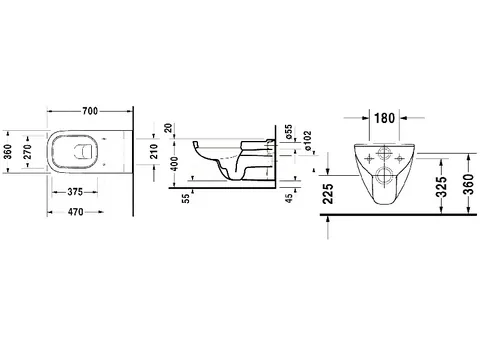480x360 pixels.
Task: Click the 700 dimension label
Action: [x=90, y=111]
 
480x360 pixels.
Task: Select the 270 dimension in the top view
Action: [x=27, y=152]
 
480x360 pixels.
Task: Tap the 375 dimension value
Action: [x=75, y=192]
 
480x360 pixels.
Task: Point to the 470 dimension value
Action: [x=75, y=212]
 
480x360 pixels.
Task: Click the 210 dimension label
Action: [x=154, y=151]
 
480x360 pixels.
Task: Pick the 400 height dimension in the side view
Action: [x=174, y=163]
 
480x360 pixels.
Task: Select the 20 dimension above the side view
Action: [x=169, y=128]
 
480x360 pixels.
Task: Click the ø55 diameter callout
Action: [x=289, y=132]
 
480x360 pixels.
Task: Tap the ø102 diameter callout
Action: [x=307, y=140]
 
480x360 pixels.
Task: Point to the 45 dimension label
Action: [x=289, y=198]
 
